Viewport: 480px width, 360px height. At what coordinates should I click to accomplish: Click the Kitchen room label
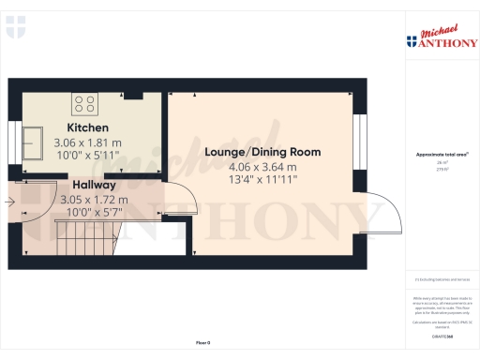coord(87,127)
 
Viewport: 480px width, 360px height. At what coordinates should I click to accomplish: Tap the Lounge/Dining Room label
coord(262,152)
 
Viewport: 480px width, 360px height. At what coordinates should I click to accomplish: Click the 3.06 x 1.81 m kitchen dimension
coord(87,143)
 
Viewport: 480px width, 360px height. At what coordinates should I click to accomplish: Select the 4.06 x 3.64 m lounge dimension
coord(262,166)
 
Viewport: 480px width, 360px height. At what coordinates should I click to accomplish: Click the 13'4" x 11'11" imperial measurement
coord(262,178)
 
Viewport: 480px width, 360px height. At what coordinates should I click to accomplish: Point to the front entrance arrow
coord(11,200)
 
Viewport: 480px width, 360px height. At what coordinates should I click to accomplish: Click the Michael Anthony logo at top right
coord(437,37)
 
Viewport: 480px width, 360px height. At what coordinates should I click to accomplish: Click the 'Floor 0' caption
coord(202,345)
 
